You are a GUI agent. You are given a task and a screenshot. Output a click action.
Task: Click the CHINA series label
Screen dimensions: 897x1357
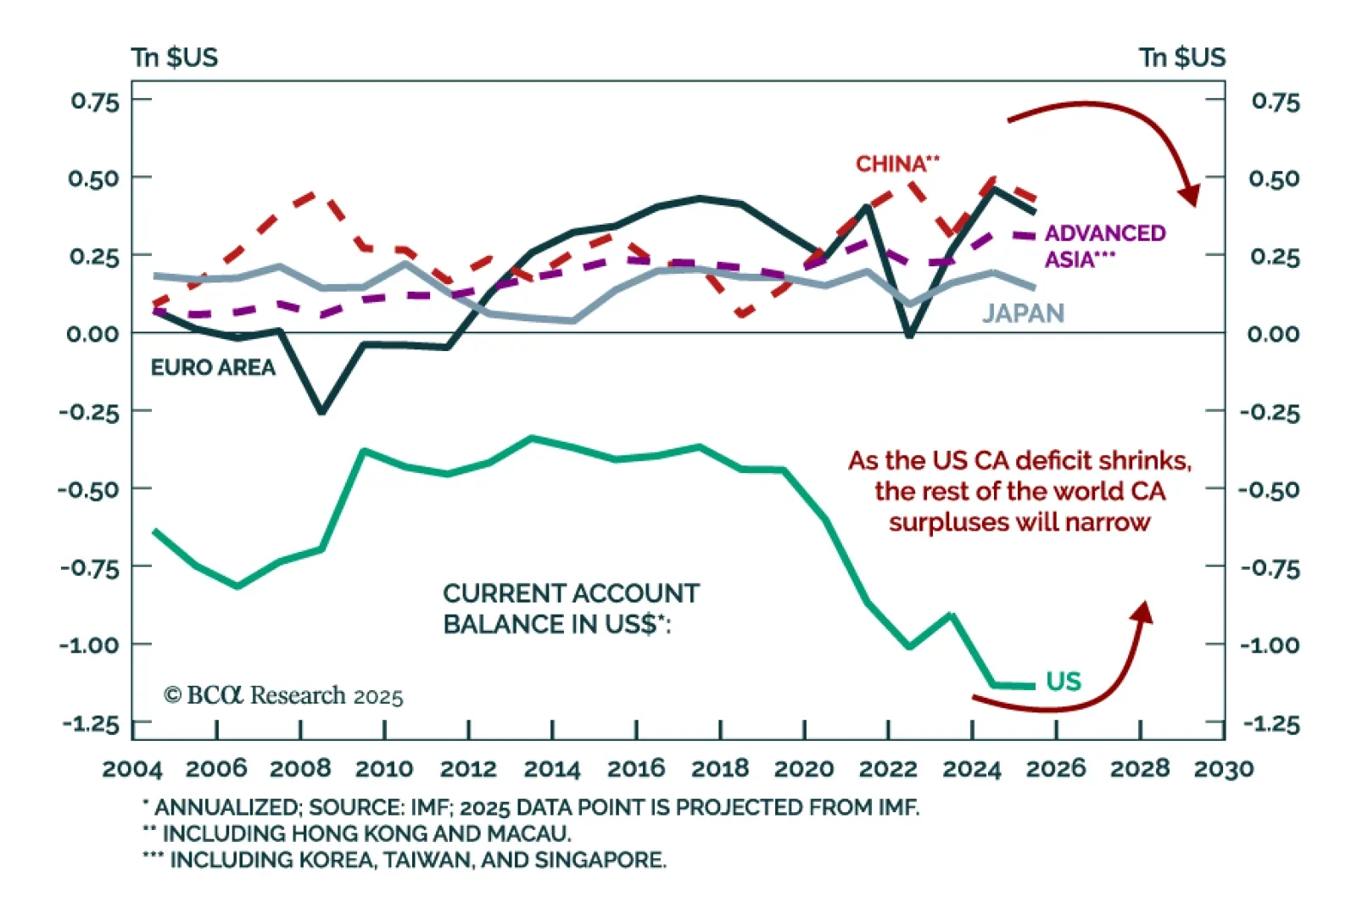pyautogui.click(x=896, y=164)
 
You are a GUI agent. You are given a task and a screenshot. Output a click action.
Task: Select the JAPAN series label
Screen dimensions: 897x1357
pyautogui.click(x=1023, y=313)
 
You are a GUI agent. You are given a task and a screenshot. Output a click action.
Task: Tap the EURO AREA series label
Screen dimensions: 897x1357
pyautogui.click(x=213, y=367)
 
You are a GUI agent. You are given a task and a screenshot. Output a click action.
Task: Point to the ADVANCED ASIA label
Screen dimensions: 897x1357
pyautogui.click(x=1104, y=246)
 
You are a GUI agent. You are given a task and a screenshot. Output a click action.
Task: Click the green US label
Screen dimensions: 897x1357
pyautogui.click(x=1064, y=682)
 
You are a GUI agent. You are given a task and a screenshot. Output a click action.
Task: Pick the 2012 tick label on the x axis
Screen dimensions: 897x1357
pyautogui.click(x=468, y=769)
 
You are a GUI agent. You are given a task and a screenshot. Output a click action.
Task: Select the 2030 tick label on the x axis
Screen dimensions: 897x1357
pyautogui.click(x=1223, y=769)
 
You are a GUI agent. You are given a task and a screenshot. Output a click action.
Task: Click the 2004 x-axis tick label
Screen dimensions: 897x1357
pyautogui.click(x=132, y=769)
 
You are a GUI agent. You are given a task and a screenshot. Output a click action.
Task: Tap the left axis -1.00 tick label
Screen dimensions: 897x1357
pyautogui.click(x=89, y=645)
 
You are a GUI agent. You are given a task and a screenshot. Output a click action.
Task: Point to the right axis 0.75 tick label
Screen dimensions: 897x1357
pyautogui.click(x=1275, y=102)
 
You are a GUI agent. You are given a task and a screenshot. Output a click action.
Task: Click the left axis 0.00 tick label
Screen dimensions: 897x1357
pyautogui.click(x=92, y=333)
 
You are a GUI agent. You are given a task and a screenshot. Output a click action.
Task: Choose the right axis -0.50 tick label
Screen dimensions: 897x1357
pyautogui.click(x=1269, y=490)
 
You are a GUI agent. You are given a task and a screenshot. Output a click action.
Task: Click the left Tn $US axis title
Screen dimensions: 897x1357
pyautogui.click(x=175, y=58)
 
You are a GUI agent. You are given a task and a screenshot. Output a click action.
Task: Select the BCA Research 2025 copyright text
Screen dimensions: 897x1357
pyautogui.click(x=283, y=696)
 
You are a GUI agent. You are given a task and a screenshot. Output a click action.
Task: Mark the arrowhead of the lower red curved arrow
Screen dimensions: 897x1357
pyautogui.click(x=1144, y=610)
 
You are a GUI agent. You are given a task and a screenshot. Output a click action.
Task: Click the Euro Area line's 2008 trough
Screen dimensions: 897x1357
pyautogui.click(x=321, y=412)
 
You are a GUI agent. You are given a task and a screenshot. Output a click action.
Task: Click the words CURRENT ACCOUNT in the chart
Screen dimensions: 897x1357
pyautogui.click(x=571, y=593)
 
